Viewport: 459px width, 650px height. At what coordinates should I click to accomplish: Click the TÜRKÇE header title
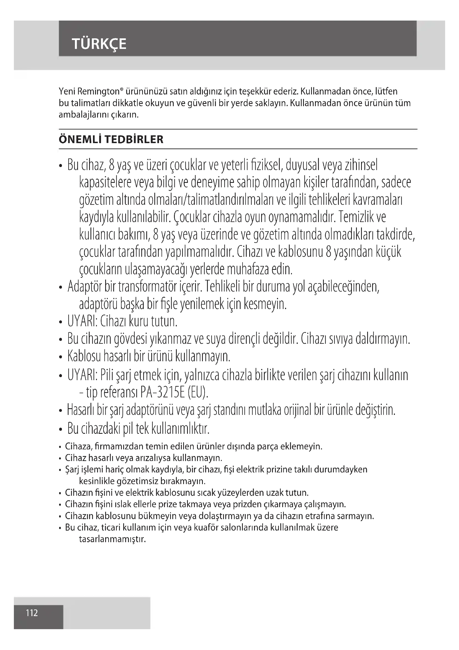click(99, 44)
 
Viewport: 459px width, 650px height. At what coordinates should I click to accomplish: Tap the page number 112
click(32, 613)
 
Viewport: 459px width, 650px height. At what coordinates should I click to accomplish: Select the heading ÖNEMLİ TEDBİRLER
click(111, 140)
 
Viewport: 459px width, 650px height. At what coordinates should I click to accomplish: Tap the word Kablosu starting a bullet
click(84, 356)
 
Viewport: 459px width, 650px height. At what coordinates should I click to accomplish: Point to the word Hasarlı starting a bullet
click(80, 410)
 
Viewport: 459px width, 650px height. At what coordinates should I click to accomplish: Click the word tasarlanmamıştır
click(112, 539)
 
